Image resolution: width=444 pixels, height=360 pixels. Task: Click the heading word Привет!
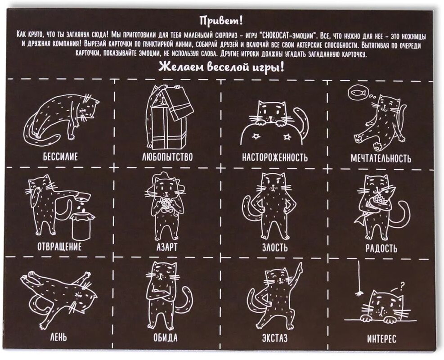coord(221,21)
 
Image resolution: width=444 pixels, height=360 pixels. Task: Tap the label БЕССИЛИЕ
coord(60,157)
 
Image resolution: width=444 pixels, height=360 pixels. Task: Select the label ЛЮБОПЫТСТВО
coord(167,157)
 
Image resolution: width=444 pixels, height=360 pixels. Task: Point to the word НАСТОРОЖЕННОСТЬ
coord(275,157)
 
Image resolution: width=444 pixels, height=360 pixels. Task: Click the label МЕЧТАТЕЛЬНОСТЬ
coord(381,158)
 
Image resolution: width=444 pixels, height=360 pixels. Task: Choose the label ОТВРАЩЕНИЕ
coord(59,247)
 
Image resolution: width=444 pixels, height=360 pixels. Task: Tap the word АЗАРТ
coord(167,247)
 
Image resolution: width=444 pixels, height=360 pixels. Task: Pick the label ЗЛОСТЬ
coord(275,247)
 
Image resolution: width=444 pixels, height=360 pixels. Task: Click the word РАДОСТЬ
coord(381,248)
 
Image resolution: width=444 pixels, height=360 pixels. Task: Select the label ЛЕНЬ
coord(58,337)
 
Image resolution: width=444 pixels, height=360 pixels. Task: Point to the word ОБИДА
coord(166,337)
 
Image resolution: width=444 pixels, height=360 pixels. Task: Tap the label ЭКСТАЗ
coord(275,338)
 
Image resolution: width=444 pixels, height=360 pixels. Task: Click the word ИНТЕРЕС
coord(382,339)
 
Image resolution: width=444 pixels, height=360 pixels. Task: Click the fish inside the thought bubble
coord(357,92)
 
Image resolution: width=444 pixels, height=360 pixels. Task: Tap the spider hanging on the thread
coord(359,293)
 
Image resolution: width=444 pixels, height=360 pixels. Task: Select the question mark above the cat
coord(401,287)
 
